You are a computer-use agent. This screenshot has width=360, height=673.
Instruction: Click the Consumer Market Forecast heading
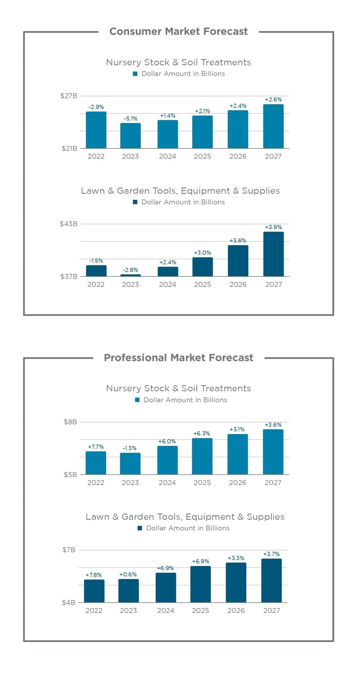coord(178,32)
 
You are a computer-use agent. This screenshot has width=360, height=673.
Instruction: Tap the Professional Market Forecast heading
coord(178,358)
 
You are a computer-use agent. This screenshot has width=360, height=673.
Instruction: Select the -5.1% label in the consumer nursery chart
coord(130,118)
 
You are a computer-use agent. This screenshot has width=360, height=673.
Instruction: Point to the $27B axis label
coord(68,96)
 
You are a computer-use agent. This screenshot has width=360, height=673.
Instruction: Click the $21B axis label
coord(69,148)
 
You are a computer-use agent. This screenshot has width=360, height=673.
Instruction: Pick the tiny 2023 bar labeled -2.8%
coord(130,275)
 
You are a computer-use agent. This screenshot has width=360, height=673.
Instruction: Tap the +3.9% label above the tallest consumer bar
coord(273,227)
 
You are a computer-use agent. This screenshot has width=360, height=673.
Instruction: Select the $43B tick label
coord(68,224)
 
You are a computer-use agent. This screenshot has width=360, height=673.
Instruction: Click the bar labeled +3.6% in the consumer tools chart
coord(238,261)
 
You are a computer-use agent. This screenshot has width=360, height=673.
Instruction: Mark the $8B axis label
coord(70,422)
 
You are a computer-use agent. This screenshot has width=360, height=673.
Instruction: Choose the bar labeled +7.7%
coord(96,463)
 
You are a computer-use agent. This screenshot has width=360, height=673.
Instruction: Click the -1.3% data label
coord(130,448)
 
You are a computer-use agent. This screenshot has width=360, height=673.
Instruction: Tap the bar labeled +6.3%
coord(202,456)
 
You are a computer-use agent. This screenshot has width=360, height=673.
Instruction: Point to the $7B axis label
coord(69,550)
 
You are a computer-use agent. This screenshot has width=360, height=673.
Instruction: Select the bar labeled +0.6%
coord(129,591)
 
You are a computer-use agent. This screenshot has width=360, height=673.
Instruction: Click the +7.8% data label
coord(94,575)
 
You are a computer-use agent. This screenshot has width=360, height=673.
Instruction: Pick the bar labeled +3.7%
coord(271,581)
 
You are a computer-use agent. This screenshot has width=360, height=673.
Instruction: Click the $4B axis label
coord(68,602)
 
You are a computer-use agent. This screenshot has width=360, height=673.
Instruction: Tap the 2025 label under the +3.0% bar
coord(202,284)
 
